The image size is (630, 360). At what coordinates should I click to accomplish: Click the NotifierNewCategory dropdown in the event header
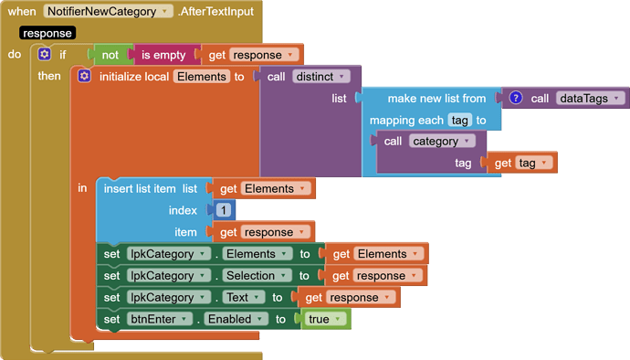pos(108,11)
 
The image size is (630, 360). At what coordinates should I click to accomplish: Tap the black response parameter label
pos(47,33)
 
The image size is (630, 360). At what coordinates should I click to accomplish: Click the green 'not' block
pos(110,55)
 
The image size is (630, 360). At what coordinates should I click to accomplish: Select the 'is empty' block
pos(161,55)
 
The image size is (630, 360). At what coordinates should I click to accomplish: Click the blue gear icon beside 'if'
pos(44,55)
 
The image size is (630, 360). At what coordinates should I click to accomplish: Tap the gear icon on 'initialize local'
pos(84,77)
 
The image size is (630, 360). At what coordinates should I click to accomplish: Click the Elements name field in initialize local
pos(200,77)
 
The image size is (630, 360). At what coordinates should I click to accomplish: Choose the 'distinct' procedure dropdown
pos(321,77)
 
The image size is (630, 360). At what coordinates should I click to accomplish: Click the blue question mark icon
pos(516,98)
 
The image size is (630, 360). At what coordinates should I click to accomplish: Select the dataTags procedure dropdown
pos(590,98)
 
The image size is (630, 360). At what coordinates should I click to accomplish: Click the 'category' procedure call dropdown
pos(442,142)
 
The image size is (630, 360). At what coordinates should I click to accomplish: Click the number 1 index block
pos(222,210)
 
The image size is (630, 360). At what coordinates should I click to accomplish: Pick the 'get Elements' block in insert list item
pos(264,189)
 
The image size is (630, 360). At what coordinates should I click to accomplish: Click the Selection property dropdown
pos(255,276)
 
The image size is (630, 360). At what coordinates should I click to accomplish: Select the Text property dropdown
pos(243,298)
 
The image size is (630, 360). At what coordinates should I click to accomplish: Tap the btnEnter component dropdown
pos(160,320)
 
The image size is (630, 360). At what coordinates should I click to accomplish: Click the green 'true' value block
pos(325,320)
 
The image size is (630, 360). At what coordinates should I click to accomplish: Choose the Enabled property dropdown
pos(235,320)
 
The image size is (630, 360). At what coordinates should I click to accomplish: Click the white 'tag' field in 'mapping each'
pos(459,121)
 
